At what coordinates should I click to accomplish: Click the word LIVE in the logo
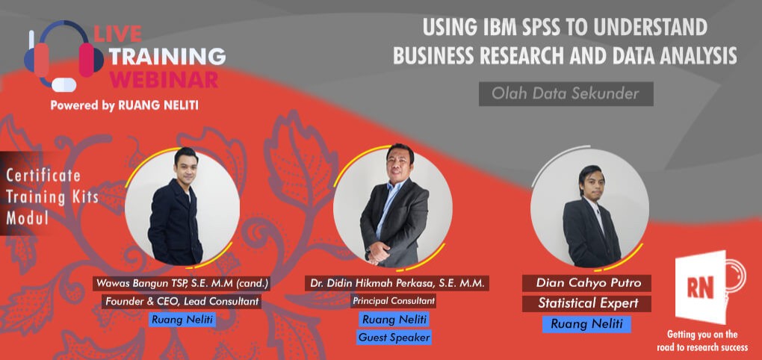tap(117, 34)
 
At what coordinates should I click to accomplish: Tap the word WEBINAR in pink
tap(164, 79)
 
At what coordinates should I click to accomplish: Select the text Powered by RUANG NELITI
tap(124, 105)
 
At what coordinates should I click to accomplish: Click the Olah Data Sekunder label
tap(566, 94)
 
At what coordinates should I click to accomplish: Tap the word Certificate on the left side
tap(43, 175)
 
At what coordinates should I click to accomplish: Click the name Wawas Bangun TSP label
tap(182, 283)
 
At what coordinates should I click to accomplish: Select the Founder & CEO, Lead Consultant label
tap(182, 301)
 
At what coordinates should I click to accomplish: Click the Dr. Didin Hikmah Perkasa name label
tap(397, 283)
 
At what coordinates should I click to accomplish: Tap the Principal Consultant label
tap(394, 301)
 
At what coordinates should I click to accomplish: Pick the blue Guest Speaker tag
tap(394, 337)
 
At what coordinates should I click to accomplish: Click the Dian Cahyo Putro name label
tap(586, 283)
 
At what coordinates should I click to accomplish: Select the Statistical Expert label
tap(586, 304)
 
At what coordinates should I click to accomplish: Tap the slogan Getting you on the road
tap(702, 341)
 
